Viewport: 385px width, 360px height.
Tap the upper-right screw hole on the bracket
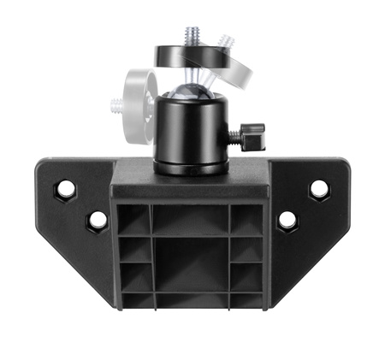[x=319, y=188]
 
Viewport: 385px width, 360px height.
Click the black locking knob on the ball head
[x=253, y=135]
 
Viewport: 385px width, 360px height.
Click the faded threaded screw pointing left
[x=118, y=107]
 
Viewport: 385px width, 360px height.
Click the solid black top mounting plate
[x=184, y=57]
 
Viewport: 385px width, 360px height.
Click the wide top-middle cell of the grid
[x=191, y=221]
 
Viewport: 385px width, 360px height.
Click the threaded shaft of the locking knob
[x=234, y=135]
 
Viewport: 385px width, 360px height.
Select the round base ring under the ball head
[x=192, y=167]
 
